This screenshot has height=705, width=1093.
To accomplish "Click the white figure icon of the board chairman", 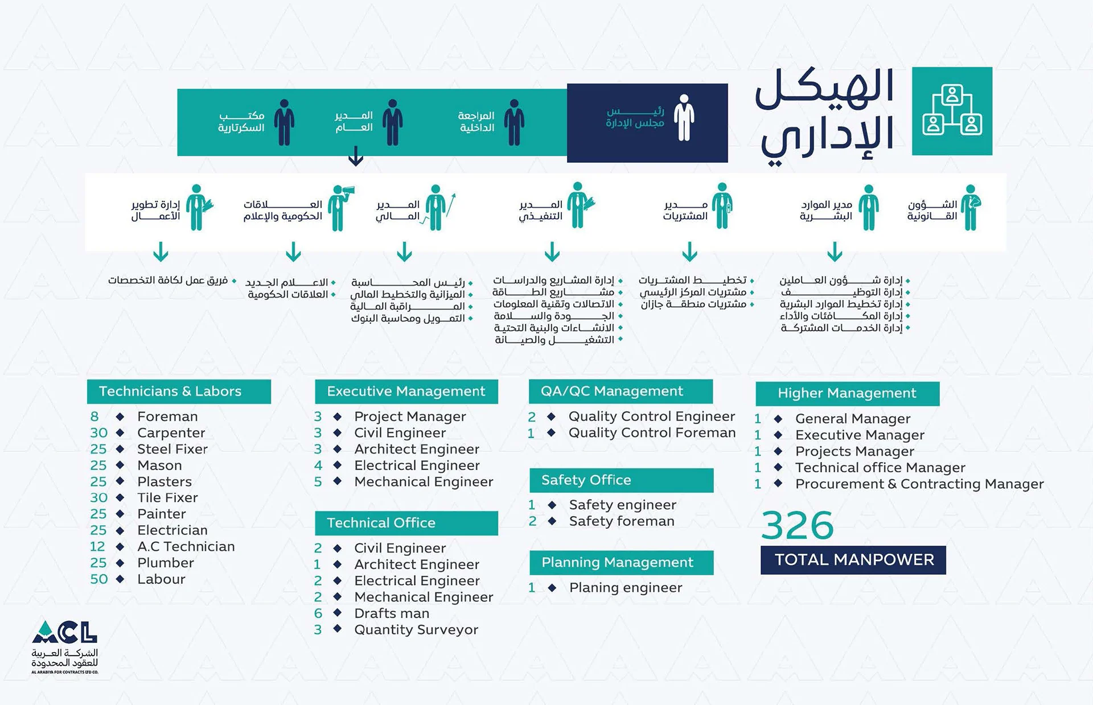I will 684,118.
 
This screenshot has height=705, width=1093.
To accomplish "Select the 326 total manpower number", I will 797,525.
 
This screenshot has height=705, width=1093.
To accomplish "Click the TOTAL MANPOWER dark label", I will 853,560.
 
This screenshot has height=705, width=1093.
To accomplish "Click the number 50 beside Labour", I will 98,579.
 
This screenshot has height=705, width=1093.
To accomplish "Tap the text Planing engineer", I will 625,588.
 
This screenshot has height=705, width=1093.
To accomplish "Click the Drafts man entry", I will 392,613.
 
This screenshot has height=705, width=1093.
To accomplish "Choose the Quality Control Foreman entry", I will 652,433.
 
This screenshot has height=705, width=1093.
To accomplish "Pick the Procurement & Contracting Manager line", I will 919,484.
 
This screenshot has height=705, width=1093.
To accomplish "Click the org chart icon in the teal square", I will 952,111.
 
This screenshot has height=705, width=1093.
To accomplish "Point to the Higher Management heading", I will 847,393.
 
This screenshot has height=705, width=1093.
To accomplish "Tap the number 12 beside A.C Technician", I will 97,547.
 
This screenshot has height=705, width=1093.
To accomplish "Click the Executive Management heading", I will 406,391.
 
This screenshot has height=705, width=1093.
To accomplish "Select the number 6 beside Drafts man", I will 318,613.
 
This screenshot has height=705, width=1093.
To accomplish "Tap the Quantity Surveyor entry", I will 416,630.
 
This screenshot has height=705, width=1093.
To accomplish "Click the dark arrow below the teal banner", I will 356,156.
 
